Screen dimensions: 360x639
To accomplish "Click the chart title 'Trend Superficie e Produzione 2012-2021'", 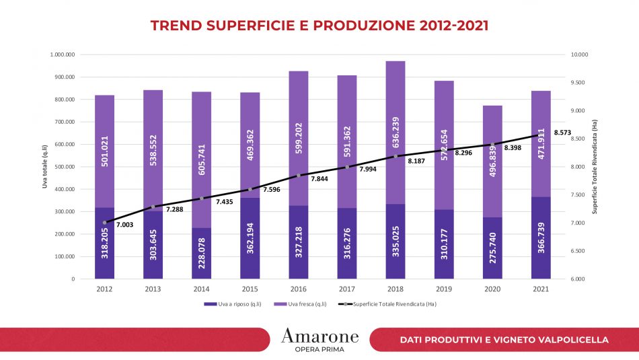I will point(319,26).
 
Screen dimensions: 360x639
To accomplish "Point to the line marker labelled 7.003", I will point(104,223).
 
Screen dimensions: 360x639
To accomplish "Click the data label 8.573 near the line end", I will point(562,133).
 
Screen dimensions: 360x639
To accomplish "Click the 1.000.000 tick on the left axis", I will point(61,55).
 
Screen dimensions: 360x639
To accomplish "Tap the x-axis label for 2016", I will point(298,289).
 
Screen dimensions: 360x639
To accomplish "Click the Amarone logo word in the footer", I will point(319,336).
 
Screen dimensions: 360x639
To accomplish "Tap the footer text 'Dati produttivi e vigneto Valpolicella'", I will point(504,340).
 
